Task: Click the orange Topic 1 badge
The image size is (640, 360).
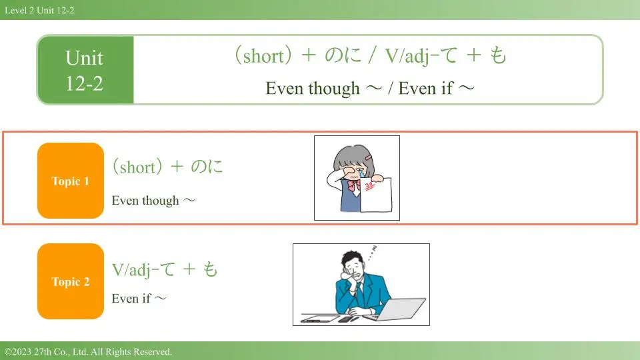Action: tap(71, 181)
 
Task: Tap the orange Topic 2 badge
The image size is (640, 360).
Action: tap(71, 281)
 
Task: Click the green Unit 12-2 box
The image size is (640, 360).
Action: tap(85, 70)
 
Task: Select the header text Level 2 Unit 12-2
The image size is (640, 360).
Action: tap(39, 10)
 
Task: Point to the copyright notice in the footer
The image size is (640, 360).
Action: tap(88, 351)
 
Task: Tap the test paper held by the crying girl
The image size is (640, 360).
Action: tap(376, 194)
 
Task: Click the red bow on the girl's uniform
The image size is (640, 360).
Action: tap(353, 186)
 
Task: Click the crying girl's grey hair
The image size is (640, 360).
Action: tap(353, 157)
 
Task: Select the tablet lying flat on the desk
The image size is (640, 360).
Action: tap(320, 319)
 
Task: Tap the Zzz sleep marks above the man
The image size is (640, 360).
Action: tap(372, 253)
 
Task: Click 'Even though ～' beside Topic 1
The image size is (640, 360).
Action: tap(153, 201)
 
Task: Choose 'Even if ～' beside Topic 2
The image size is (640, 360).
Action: tap(139, 299)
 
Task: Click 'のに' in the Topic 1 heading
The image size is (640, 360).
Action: tap(207, 167)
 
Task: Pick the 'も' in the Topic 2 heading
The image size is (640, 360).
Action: tap(210, 269)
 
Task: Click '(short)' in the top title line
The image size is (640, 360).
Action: tap(263, 55)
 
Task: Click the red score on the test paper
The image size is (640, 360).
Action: tap(369, 186)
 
